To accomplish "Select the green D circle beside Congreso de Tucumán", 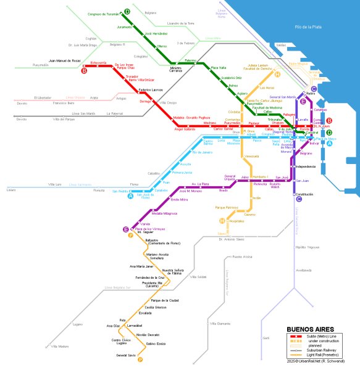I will coord(127,12).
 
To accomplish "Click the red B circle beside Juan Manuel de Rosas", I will coord(84,70).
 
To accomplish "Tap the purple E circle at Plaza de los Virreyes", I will coord(126,229).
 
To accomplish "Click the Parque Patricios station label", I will coord(227,208).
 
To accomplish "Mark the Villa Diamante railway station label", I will coord(220,323).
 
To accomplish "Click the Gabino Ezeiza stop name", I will coord(157,343).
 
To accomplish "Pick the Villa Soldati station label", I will coord(200,277).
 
